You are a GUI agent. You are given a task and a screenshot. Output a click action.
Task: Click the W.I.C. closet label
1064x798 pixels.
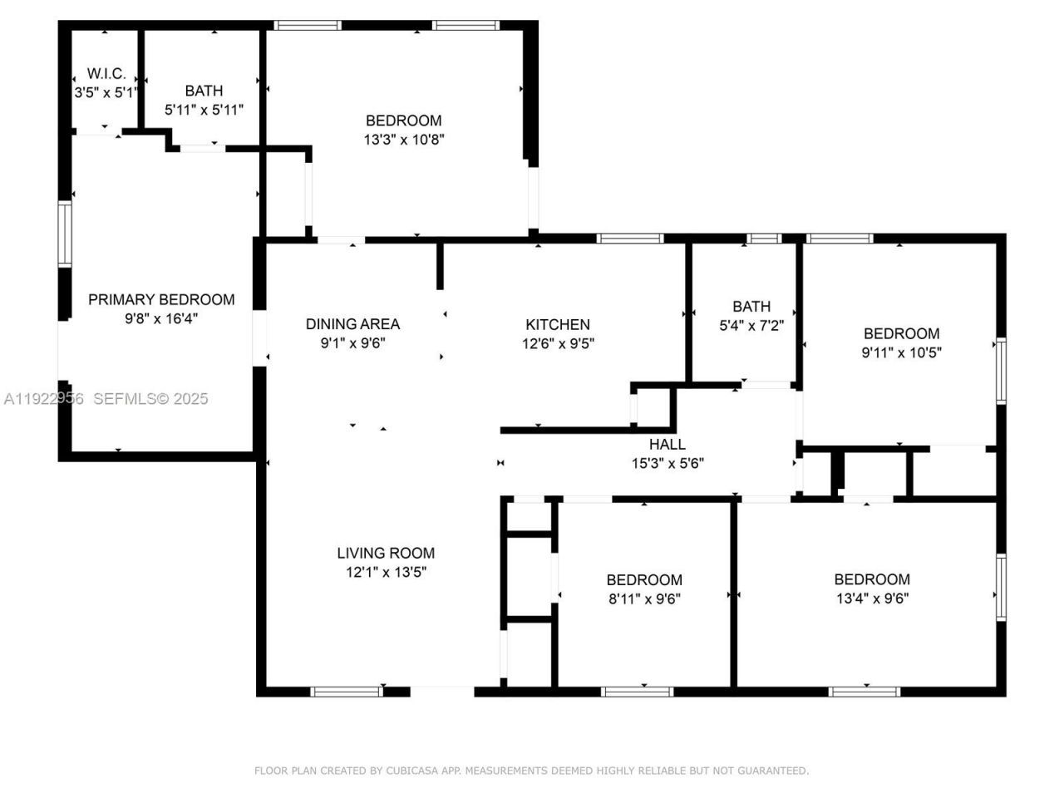[106, 74]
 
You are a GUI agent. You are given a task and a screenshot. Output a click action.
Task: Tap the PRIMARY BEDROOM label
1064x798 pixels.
[161, 299]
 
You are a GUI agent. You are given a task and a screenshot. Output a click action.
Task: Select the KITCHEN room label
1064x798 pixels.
[557, 324]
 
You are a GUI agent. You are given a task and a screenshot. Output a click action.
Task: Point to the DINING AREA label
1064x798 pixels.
[352, 323]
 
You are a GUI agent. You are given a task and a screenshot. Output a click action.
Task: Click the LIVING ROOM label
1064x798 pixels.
[386, 553]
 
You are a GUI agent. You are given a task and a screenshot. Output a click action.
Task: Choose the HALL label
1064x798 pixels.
[667, 444]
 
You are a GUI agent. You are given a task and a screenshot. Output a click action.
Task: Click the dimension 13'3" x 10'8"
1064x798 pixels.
[404, 140]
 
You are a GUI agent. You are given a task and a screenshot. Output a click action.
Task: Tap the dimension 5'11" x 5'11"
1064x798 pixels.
[204, 109]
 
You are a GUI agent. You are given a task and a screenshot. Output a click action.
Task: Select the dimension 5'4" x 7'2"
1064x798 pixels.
[751, 325]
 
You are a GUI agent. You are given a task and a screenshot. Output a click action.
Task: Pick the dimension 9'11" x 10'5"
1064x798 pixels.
[901, 352]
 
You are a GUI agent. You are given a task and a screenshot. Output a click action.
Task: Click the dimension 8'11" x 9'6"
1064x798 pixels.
[644, 598]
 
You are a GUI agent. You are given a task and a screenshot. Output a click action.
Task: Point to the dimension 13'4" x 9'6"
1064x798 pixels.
[872, 598]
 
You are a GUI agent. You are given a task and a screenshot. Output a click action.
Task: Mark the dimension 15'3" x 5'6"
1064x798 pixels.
[667, 463]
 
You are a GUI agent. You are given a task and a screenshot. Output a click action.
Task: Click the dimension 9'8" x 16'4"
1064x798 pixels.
[161, 318]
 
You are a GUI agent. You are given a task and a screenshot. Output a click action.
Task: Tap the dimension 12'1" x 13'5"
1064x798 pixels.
[386, 572]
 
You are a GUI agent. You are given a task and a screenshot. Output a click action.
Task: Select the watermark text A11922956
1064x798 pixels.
[43, 399]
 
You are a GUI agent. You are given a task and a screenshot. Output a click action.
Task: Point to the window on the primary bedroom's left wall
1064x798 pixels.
[64, 234]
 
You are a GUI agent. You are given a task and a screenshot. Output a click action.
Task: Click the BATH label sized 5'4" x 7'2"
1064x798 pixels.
[751, 306]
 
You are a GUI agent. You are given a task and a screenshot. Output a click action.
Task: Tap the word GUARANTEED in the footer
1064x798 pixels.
[776, 771]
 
